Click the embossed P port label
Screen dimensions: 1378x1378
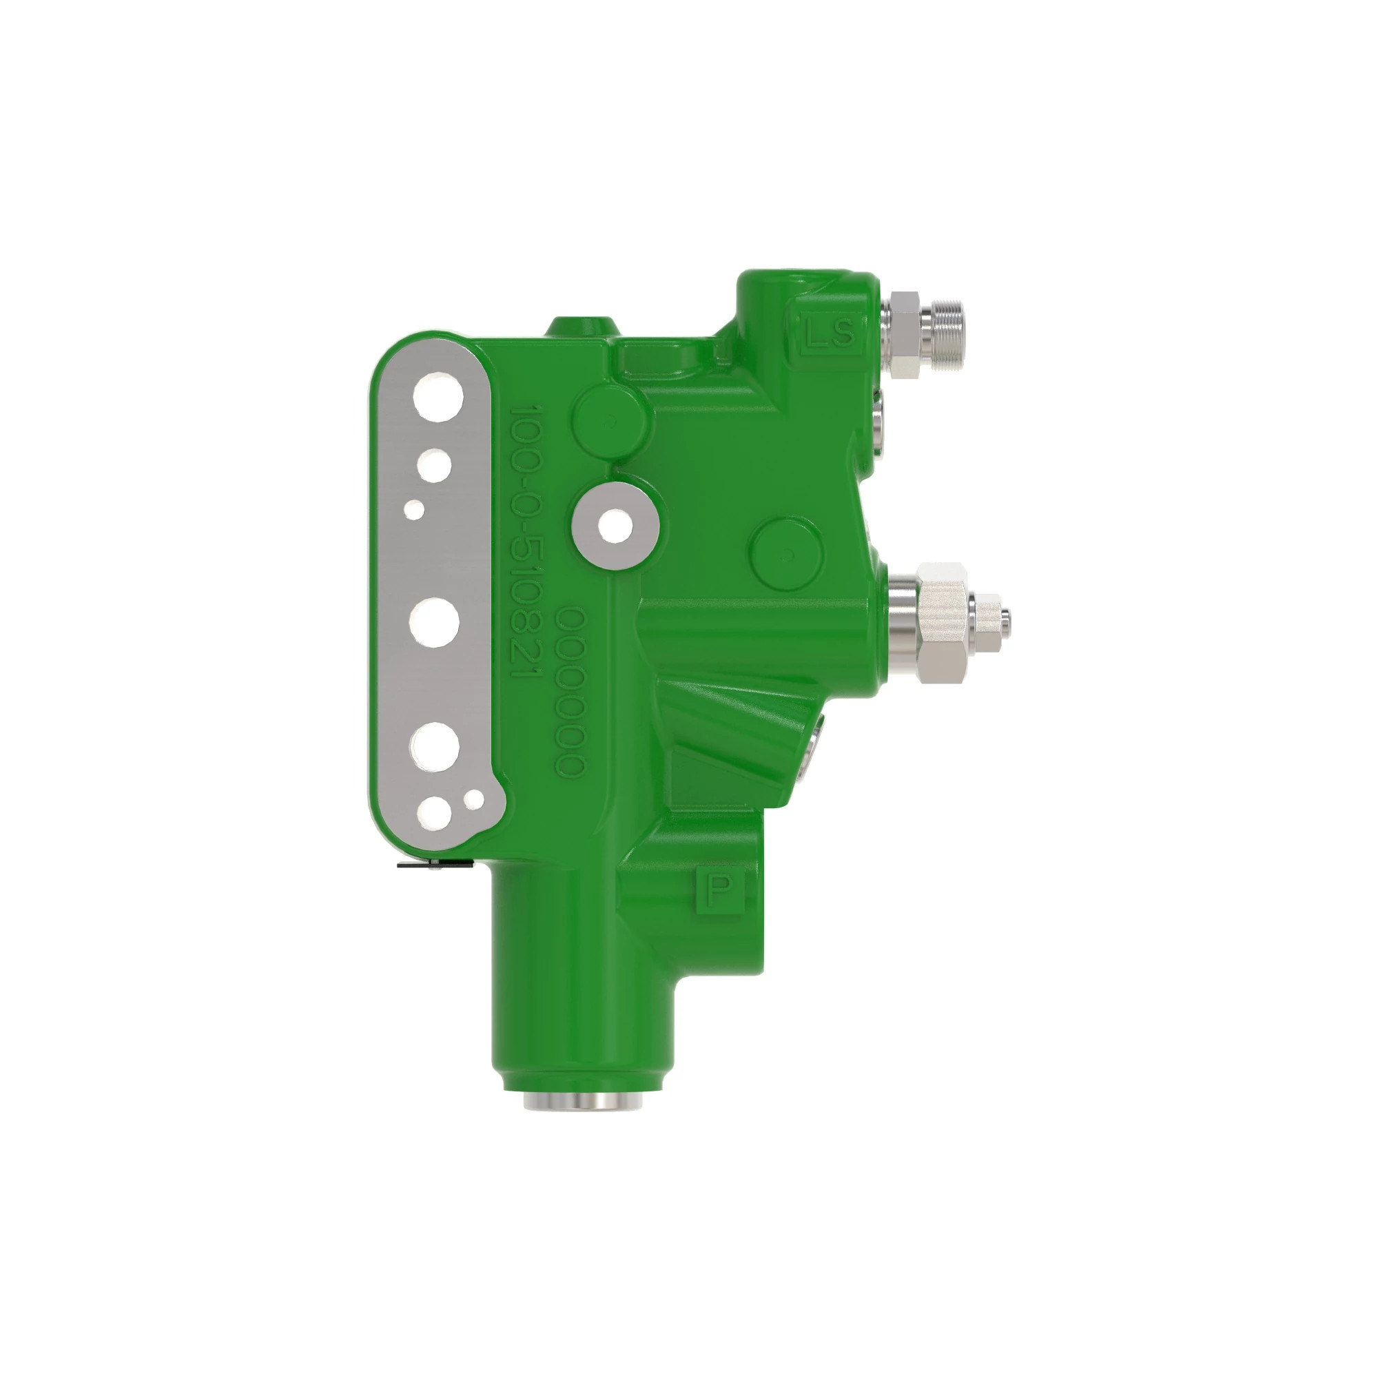coord(721,888)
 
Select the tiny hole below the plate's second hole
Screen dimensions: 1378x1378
coord(415,508)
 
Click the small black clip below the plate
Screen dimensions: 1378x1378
coord(435,866)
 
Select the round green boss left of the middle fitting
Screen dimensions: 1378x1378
coord(785,552)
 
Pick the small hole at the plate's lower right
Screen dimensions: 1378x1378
coord(473,799)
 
